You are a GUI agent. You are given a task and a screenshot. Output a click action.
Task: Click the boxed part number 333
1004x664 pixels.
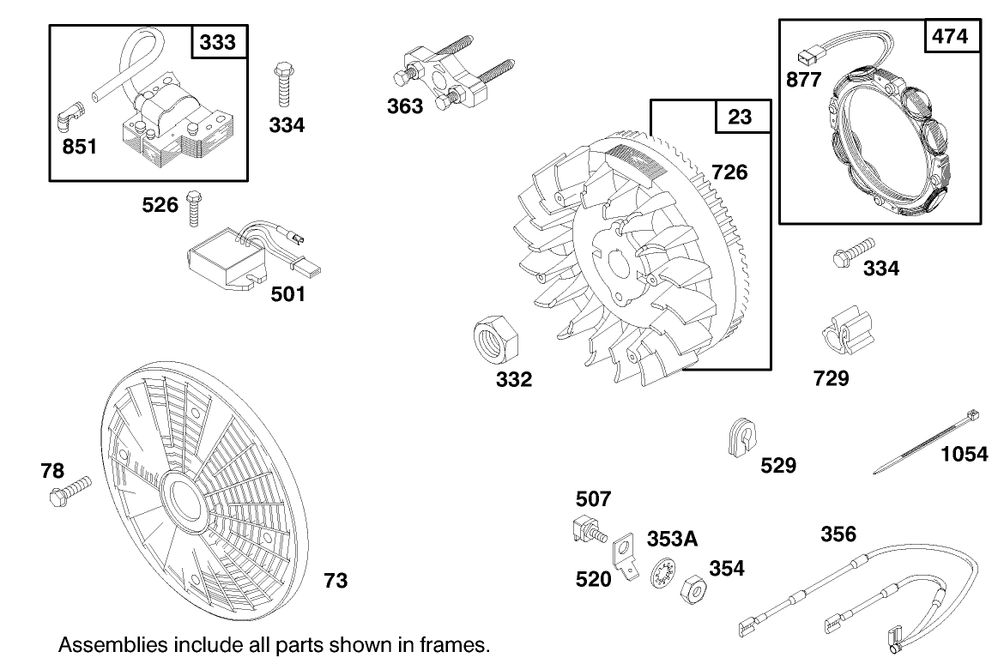pyautogui.click(x=217, y=42)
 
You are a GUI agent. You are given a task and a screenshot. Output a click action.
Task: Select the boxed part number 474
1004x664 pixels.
pyautogui.click(x=949, y=37)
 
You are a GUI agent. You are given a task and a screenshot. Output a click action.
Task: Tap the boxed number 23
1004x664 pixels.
pyautogui.click(x=740, y=117)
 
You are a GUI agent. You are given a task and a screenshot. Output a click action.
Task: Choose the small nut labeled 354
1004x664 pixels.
pyautogui.click(x=693, y=590)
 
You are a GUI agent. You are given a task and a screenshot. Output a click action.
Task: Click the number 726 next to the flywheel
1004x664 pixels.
pyautogui.click(x=729, y=172)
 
